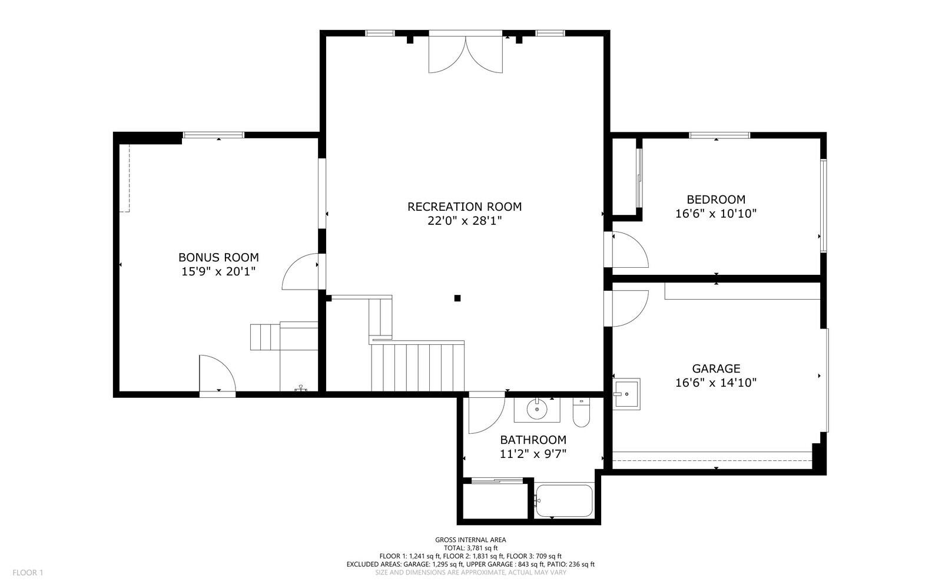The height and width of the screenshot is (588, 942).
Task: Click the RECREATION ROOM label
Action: [464, 207]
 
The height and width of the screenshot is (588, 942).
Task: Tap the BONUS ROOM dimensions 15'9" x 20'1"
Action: [218, 272]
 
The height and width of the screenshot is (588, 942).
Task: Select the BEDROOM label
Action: [715, 200]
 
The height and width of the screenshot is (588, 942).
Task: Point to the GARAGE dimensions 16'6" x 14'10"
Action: [715, 383]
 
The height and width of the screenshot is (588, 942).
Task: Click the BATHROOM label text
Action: [533, 440]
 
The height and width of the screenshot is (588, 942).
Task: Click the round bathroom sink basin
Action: [537, 408]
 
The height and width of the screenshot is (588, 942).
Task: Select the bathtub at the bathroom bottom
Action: [563, 500]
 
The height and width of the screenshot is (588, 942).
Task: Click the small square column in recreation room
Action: [457, 298]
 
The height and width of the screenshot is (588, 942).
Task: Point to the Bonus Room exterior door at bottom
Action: [217, 374]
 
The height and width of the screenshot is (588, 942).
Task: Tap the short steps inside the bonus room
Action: [263, 337]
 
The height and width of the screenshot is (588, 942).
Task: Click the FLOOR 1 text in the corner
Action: [28, 573]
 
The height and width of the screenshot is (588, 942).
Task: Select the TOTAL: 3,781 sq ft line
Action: [470, 548]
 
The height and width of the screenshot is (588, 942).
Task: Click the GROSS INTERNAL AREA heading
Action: [470, 540]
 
